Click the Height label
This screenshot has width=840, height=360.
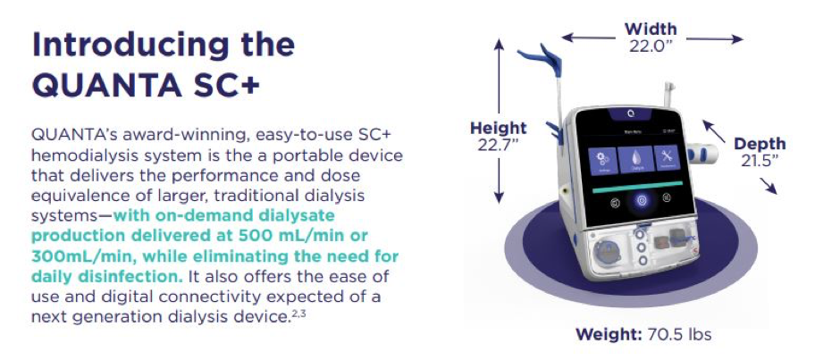[x=499, y=129]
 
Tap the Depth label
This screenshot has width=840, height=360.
[x=760, y=144]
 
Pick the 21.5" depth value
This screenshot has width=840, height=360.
[x=760, y=161]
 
